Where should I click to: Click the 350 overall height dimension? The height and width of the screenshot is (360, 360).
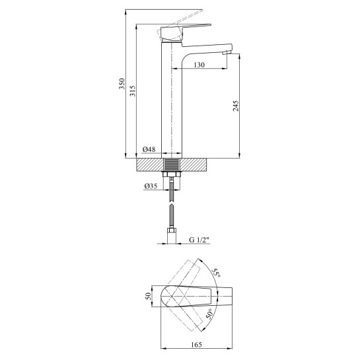pyautogui.click(x=122, y=84)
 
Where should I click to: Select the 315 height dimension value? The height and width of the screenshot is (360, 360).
pyautogui.click(x=133, y=91)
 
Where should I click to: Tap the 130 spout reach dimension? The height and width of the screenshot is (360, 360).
pyautogui.click(x=199, y=65)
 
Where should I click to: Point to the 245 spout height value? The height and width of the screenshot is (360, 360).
pyautogui.click(x=236, y=106)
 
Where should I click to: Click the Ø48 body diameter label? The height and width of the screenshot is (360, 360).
pyautogui.click(x=149, y=149)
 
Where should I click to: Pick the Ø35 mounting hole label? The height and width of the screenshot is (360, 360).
pyautogui.click(x=151, y=186)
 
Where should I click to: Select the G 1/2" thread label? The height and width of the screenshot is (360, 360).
pyautogui.click(x=199, y=240)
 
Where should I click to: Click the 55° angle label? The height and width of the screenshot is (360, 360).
pyautogui.click(x=216, y=273)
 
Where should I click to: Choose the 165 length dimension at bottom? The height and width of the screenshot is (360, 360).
pyautogui.click(x=197, y=345)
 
